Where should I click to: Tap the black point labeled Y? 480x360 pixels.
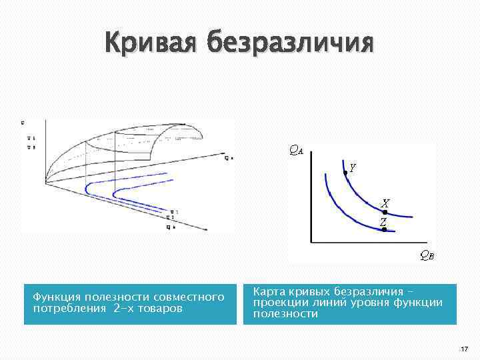345,172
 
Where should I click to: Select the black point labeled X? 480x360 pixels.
385,212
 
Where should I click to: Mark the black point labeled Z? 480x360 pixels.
384,229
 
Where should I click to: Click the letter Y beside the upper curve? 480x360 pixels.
353,168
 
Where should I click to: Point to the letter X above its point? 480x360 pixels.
385,203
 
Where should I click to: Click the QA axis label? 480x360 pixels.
295,150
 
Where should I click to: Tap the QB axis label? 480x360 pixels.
427,254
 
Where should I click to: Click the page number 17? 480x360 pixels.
463,349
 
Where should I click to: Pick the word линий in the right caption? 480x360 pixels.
330,303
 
